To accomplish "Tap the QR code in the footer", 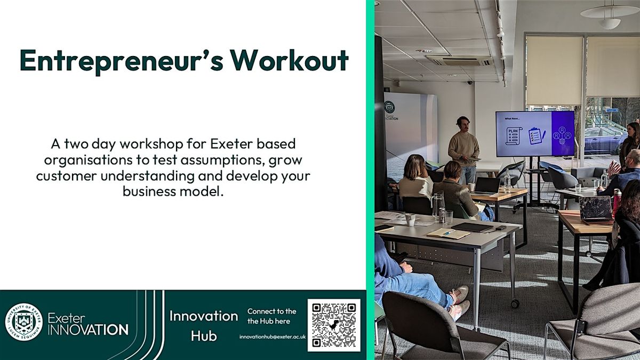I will click(334, 325).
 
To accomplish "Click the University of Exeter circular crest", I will click(23, 322).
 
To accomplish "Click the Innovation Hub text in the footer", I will click(204, 325).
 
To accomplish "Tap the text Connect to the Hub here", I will click(271, 316).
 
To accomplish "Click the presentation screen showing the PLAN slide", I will click(534, 133).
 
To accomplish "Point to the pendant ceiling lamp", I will click(609, 13).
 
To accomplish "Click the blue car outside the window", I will click(603, 140).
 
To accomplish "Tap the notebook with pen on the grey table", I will click(441, 233).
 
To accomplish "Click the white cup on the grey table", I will click(410, 219).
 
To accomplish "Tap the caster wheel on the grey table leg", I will click(515, 303).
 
